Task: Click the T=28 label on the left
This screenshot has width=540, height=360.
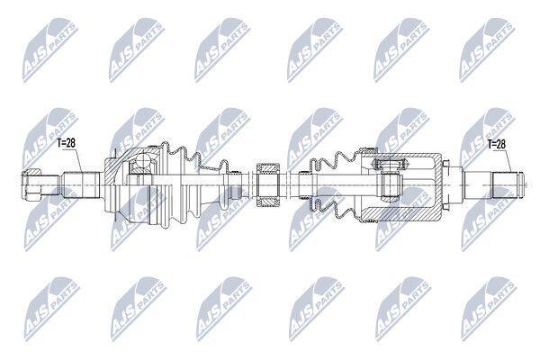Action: pyautogui.click(x=66, y=142)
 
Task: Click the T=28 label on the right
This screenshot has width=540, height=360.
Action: pyautogui.click(x=496, y=144)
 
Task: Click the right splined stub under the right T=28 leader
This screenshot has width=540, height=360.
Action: pyautogui.click(x=506, y=185)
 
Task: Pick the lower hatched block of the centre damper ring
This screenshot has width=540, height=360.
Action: pyautogui.click(x=268, y=202)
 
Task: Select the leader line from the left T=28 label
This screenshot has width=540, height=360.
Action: pyautogui.click(x=78, y=160)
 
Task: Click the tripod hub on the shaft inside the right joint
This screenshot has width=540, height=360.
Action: pyautogui.click(x=391, y=185)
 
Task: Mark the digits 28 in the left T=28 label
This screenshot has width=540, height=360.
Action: pyautogui.click(x=70, y=142)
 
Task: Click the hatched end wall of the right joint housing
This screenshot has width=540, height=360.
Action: pyautogui.click(x=437, y=185)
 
